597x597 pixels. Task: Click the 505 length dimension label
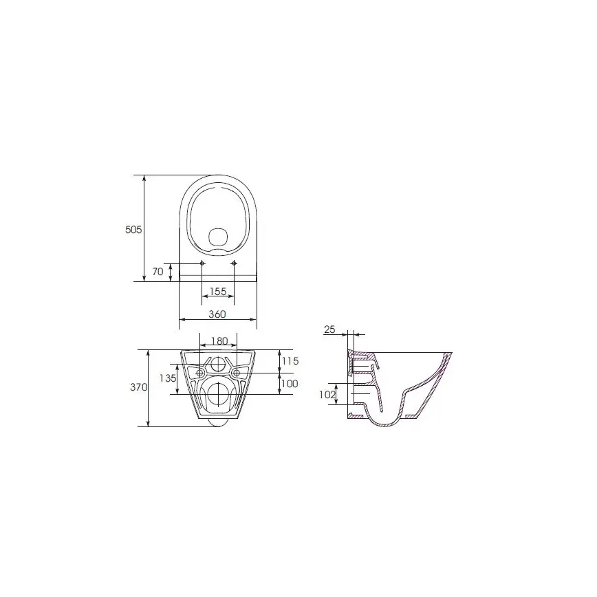[133, 230]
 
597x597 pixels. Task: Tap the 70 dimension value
[158, 272]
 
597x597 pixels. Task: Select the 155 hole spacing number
[218, 292]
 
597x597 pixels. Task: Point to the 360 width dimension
[217, 314]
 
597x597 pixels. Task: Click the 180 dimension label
[219, 341]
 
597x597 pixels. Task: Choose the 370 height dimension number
[139, 388]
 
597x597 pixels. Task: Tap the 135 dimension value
[167, 378]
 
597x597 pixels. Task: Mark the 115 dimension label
[289, 361]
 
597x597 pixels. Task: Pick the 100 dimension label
[289, 384]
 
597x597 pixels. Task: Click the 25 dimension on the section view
[329, 330]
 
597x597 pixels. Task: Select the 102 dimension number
[327, 395]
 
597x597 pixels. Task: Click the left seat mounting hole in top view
[202, 264]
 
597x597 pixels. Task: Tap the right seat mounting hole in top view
[234, 264]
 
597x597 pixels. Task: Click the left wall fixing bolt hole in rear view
[200, 373]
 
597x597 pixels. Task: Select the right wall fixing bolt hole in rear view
[237, 373]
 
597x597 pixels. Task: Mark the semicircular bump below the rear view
[219, 422]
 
